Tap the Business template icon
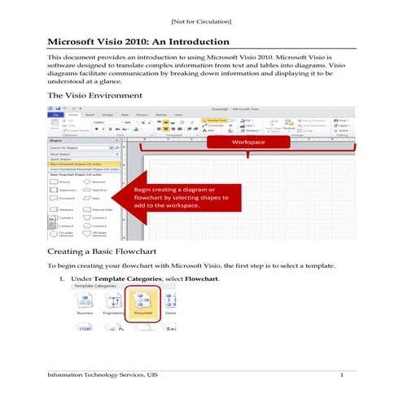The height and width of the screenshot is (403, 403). click(85, 304)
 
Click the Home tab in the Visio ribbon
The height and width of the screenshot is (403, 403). click(72, 115)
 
